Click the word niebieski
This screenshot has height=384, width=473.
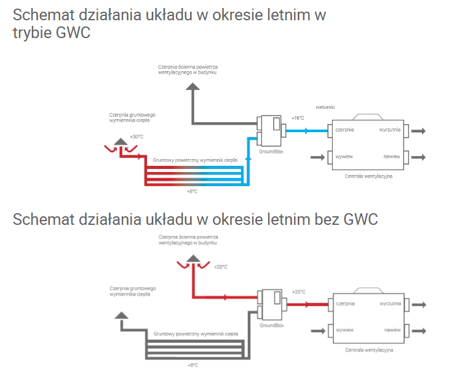(x=325, y=107)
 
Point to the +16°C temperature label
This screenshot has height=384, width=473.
(x=298, y=117)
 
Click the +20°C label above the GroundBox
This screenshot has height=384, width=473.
(x=298, y=292)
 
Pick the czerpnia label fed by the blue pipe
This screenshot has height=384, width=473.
(x=345, y=130)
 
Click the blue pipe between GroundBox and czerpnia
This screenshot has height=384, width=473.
(x=308, y=131)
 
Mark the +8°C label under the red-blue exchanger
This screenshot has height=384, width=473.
(x=192, y=192)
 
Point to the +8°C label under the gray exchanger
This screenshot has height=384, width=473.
(x=192, y=365)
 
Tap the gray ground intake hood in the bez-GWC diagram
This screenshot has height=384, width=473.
(x=122, y=315)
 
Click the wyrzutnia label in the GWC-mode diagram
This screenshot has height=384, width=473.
(x=391, y=130)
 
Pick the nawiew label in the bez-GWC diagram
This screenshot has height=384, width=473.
(x=392, y=330)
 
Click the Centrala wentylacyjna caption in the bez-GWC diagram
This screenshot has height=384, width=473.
(x=368, y=350)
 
